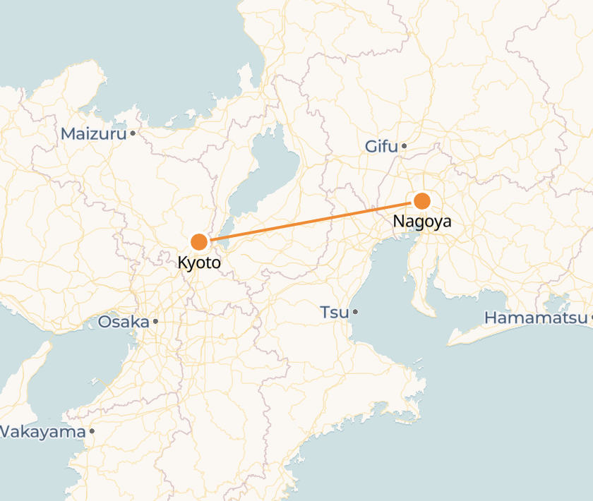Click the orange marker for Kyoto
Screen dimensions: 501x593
coord(199,242)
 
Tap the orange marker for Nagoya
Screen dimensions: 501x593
coord(422,200)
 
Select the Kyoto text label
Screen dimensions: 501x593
coord(199,263)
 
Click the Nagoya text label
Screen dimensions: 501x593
coord(422,222)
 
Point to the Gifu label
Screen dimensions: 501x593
coord(381,147)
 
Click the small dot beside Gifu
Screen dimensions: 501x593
coord(405,147)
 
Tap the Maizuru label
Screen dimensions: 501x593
coord(93,133)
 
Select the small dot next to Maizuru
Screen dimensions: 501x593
coord(132,133)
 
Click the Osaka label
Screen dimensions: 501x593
coord(124,322)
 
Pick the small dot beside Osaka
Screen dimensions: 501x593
coord(155,322)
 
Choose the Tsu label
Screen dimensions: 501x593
coord(335,312)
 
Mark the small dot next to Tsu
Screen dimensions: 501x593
coord(355,311)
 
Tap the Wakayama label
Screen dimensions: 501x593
coord(42,431)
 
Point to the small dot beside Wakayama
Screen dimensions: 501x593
coord(92,430)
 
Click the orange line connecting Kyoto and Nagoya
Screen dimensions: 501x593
coord(311,221)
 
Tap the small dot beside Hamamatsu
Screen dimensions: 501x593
coord(591,318)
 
